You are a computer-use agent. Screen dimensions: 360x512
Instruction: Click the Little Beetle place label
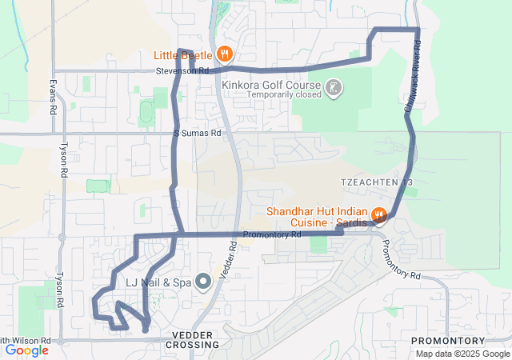click(183, 55)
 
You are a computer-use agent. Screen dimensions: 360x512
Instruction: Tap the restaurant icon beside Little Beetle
click(226, 54)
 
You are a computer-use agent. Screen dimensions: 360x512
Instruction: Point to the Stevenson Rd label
click(182, 71)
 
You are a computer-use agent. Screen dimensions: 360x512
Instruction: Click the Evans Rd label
click(53, 95)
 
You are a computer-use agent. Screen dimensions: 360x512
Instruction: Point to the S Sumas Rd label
click(197, 134)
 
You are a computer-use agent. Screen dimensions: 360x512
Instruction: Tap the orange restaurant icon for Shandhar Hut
click(381, 215)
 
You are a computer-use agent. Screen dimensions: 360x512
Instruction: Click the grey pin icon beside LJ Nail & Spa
click(203, 281)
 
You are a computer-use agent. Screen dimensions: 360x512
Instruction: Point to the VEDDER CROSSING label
click(192, 339)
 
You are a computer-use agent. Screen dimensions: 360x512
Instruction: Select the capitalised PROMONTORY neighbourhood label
click(448, 341)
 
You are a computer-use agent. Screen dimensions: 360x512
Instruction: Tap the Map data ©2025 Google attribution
click(461, 354)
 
